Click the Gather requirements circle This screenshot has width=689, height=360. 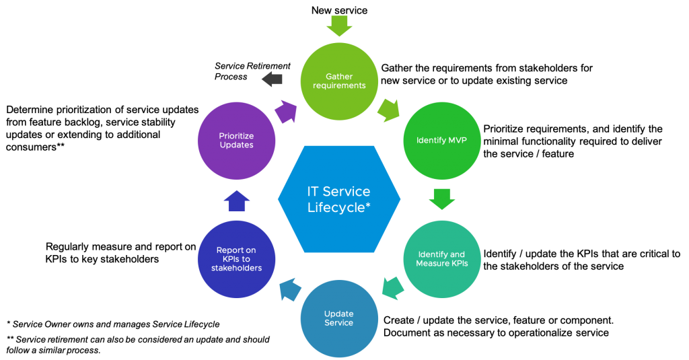(x=339, y=81)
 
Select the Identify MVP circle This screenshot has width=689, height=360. (x=441, y=141)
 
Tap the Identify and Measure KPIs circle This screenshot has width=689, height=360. (x=441, y=259)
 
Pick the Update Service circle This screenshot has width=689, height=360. (x=339, y=318)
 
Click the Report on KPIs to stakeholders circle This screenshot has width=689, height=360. (x=236, y=259)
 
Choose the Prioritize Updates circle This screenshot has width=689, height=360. (x=236, y=141)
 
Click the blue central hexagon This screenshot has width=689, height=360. (x=339, y=199)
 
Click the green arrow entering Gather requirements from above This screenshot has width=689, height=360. (x=339, y=26)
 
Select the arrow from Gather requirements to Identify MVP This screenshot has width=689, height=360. (x=389, y=109)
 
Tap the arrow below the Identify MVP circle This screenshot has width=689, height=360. (x=441, y=199)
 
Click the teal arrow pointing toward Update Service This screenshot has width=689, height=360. (x=392, y=288)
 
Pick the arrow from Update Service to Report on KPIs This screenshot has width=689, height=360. (x=290, y=290)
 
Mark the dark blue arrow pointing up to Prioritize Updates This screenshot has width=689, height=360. (x=236, y=201)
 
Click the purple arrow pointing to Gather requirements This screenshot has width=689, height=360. (x=286, y=110)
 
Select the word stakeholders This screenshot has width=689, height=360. (x=236, y=268)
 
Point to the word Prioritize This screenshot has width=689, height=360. (x=236, y=136)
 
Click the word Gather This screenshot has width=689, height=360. (x=339, y=77)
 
